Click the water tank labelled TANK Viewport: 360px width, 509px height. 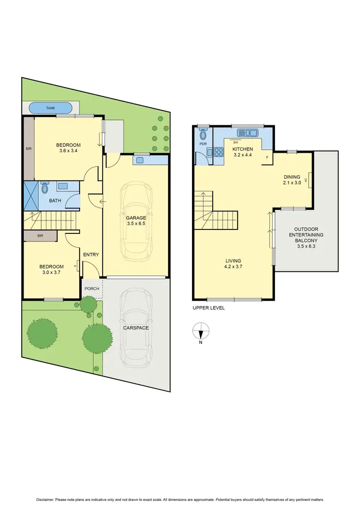(x=50, y=108)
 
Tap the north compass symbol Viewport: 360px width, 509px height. (x=201, y=331)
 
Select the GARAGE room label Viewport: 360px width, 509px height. (x=136, y=218)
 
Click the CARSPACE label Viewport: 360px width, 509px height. (x=135, y=328)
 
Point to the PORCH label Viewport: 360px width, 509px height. (x=92, y=289)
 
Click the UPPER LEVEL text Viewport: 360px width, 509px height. (x=208, y=308)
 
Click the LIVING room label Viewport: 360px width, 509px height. (x=234, y=261)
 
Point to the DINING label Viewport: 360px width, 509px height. (x=291, y=177)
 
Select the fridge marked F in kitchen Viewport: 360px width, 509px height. (x=267, y=158)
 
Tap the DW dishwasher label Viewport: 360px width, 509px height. (x=236, y=143)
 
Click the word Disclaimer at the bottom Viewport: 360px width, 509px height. (x=43, y=498)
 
